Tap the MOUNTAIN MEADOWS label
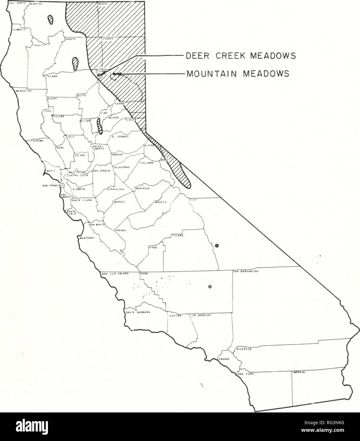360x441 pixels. click(237, 74)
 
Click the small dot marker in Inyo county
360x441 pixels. click(217, 245)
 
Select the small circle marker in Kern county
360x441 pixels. click(210, 287)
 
